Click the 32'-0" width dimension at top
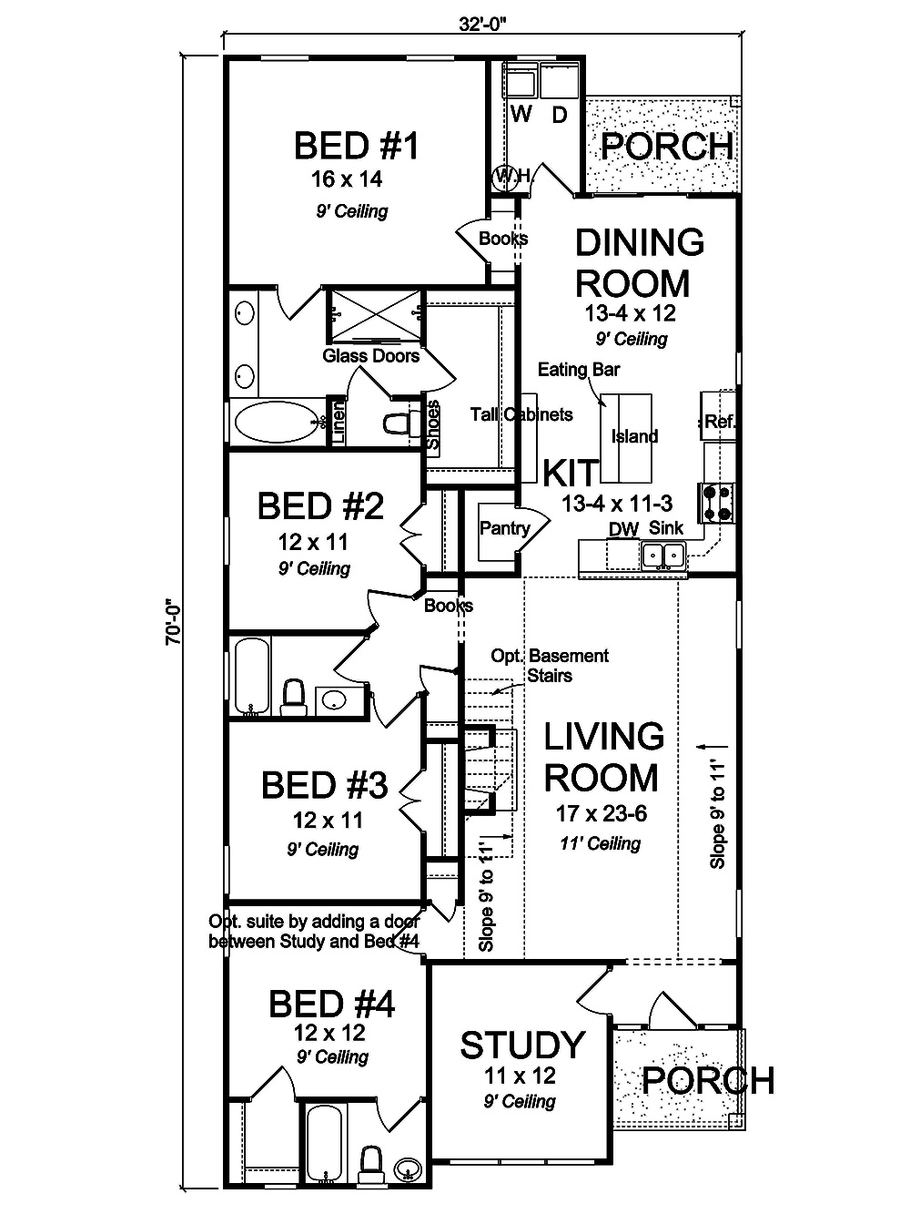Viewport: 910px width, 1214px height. pos(482,25)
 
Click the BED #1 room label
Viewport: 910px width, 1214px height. pos(356,146)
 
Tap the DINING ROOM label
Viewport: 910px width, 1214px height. pos(640,263)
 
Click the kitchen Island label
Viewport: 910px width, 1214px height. pos(634,436)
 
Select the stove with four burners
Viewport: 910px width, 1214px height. pos(716,503)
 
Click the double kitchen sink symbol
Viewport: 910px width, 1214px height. pos(663,554)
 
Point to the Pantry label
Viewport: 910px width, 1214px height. pos(504,528)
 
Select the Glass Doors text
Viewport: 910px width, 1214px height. pos(371,355)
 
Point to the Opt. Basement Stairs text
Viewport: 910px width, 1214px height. pos(550,665)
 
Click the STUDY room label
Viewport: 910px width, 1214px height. pos(521,1046)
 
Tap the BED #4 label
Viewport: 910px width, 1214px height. pos(331,1005)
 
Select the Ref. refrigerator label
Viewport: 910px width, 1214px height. pos(720,422)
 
